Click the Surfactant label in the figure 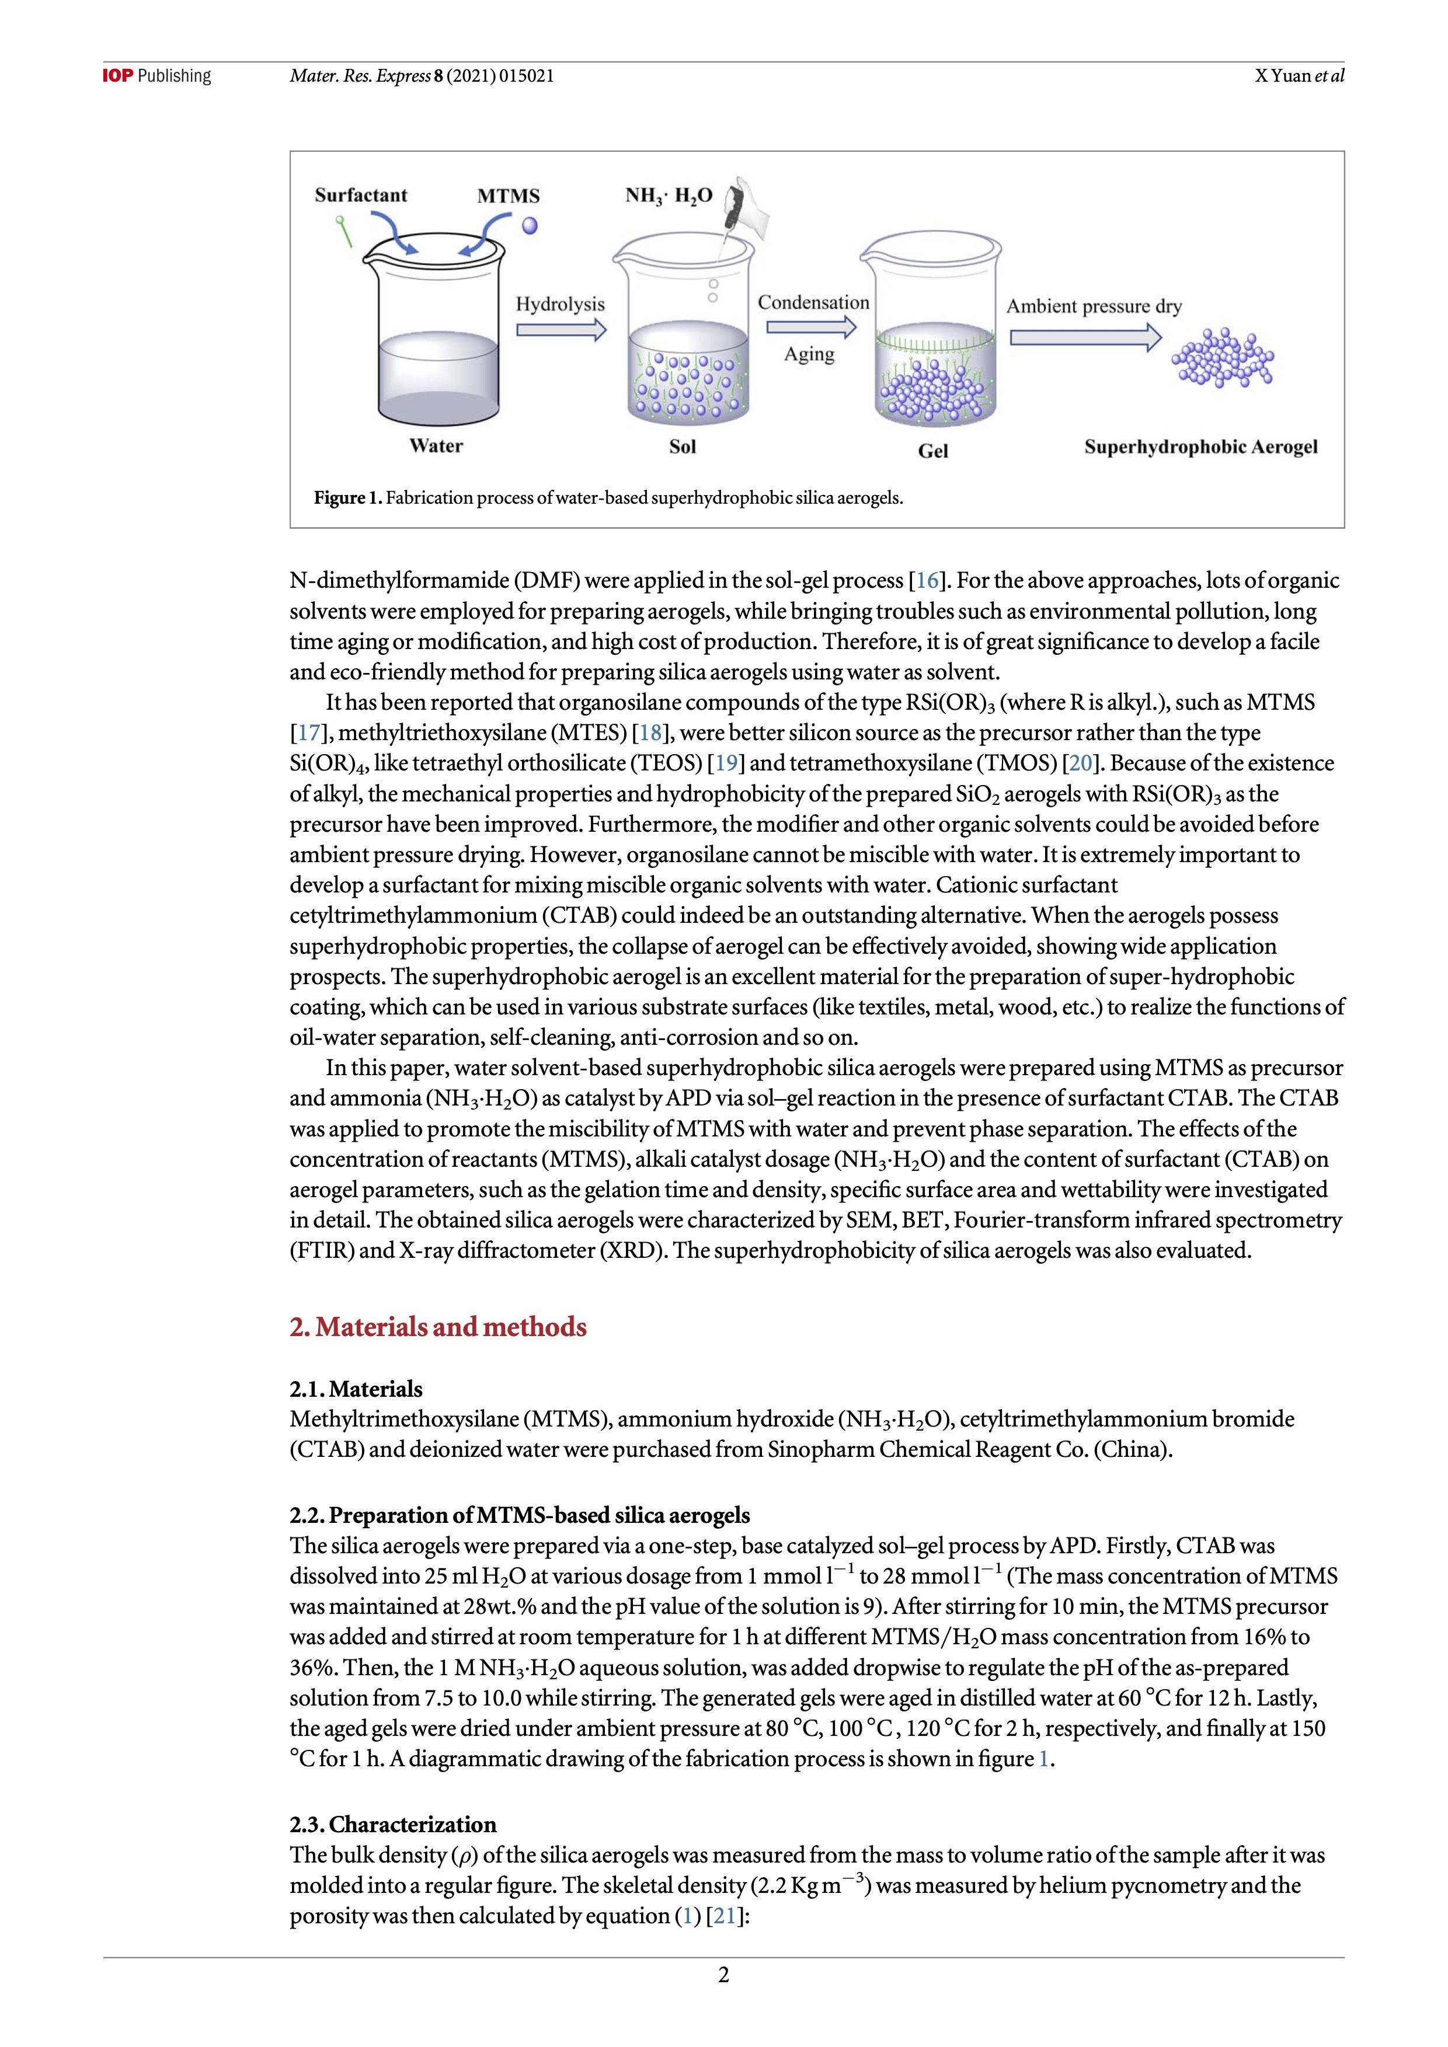[x=360, y=196]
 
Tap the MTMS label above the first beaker [x=508, y=196]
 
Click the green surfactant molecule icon [x=343, y=231]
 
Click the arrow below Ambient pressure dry [x=1085, y=337]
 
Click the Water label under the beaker [x=436, y=446]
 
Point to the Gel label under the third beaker [x=932, y=451]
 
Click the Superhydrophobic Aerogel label [x=1200, y=447]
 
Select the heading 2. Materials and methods [x=438, y=1327]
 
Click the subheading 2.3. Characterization [x=392, y=1824]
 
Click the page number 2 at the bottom [x=724, y=1975]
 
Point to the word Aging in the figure [x=809, y=354]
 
